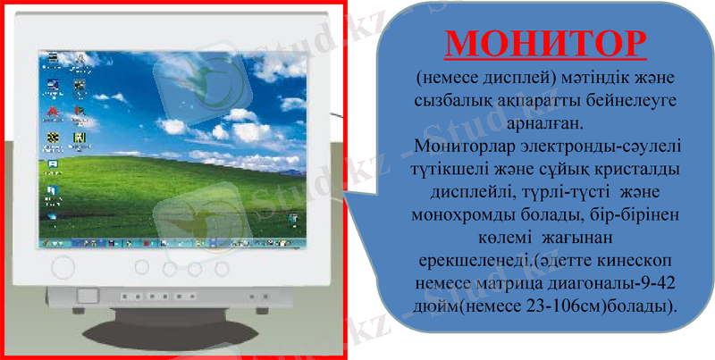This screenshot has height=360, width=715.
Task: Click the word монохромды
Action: pyautogui.click(x=461, y=214)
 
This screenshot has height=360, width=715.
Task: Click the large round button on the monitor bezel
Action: pyautogui.click(x=63, y=266)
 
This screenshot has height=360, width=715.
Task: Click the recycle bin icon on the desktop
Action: pyautogui.click(x=291, y=221)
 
